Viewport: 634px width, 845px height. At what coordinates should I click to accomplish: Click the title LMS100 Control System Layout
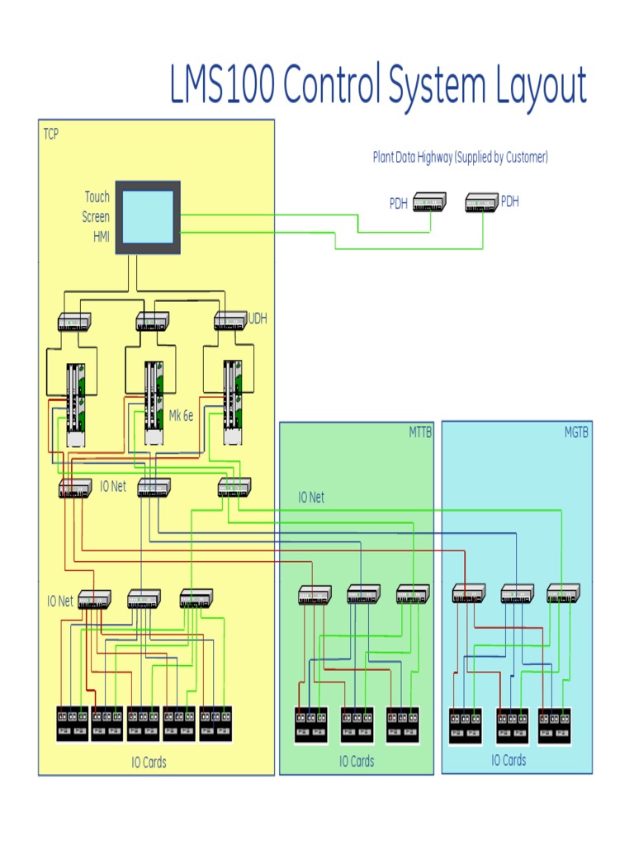click(x=378, y=86)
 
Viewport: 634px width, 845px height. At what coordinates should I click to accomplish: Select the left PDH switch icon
click(x=429, y=201)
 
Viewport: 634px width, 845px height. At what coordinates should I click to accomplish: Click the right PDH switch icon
click(x=481, y=201)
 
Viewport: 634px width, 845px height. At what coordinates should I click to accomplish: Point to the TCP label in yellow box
click(x=51, y=133)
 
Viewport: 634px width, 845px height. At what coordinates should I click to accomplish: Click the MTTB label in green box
click(x=420, y=432)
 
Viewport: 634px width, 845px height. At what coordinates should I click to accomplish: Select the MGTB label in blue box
click(x=576, y=432)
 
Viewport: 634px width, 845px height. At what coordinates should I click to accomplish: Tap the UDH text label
click(x=258, y=319)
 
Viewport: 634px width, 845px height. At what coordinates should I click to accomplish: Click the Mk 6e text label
click(x=181, y=416)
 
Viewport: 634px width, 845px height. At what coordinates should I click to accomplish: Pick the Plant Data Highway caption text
click(x=460, y=157)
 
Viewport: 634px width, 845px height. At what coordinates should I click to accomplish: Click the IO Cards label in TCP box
click(x=149, y=762)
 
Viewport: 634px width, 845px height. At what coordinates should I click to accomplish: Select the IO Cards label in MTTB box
click(x=357, y=761)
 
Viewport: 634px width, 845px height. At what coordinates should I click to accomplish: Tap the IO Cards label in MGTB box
click(x=509, y=760)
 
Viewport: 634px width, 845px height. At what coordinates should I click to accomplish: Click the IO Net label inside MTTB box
click(x=311, y=498)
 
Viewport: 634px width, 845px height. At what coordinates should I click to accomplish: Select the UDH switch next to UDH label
click(x=230, y=320)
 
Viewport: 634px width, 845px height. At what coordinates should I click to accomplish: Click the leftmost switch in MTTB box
click(x=315, y=594)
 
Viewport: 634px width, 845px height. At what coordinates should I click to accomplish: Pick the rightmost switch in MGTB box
click(x=563, y=592)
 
